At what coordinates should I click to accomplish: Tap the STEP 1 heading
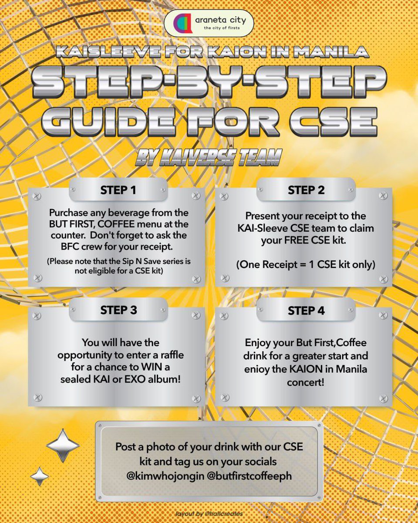(118, 190)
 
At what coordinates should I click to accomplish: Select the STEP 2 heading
(306, 190)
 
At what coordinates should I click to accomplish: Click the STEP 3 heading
(118, 310)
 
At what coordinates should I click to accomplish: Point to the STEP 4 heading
(306, 311)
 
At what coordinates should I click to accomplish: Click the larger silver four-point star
(63, 445)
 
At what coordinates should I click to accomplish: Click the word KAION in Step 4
(306, 369)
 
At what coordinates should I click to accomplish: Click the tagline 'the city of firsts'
(222, 28)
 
